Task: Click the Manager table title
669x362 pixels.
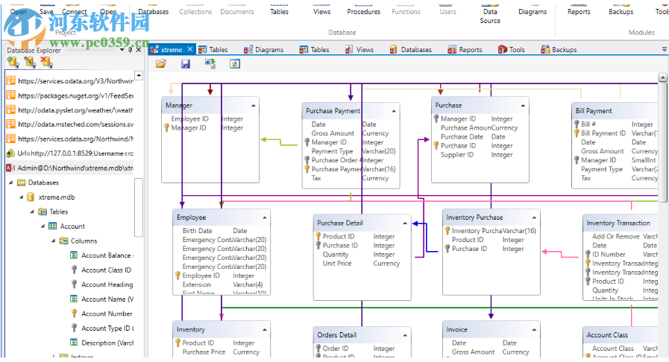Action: [x=179, y=106]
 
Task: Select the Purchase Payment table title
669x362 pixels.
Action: [x=333, y=111]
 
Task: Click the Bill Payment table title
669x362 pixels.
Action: [x=594, y=111]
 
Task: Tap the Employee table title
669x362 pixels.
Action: [x=191, y=217]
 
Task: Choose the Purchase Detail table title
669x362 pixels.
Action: [x=341, y=223]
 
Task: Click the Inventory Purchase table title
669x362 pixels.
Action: [x=474, y=217]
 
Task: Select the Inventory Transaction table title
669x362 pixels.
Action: [x=618, y=223]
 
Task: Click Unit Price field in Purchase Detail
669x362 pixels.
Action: [x=337, y=263]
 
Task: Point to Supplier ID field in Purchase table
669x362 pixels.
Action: [x=458, y=155]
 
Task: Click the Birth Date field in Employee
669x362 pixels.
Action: [x=197, y=231]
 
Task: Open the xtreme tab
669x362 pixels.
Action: [x=171, y=50]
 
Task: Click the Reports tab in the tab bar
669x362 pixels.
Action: [x=470, y=50]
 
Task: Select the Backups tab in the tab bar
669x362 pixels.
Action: [x=564, y=50]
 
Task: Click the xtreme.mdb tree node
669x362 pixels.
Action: [x=56, y=197]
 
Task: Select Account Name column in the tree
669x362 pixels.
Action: [x=103, y=299]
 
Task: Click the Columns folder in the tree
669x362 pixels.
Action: [x=84, y=241]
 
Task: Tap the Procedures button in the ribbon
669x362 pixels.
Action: [x=363, y=12]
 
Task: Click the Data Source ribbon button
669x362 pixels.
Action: [x=490, y=16]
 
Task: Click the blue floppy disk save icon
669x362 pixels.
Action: [x=186, y=64]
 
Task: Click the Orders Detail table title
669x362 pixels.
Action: [x=336, y=334]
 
